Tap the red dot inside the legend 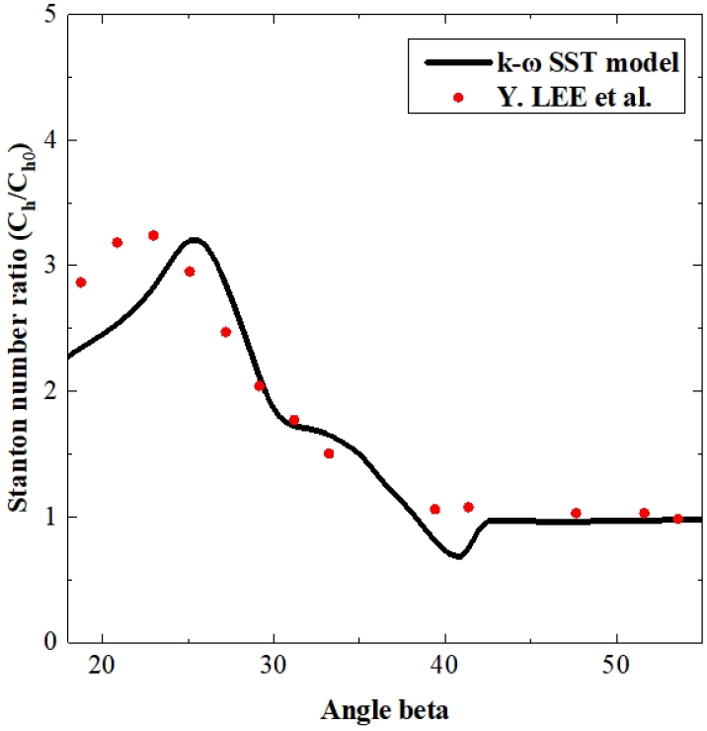(x=458, y=97)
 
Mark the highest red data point (x=153, y=235)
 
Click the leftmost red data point (x=81, y=283)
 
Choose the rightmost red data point (x=677, y=519)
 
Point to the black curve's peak (x=195, y=239)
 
